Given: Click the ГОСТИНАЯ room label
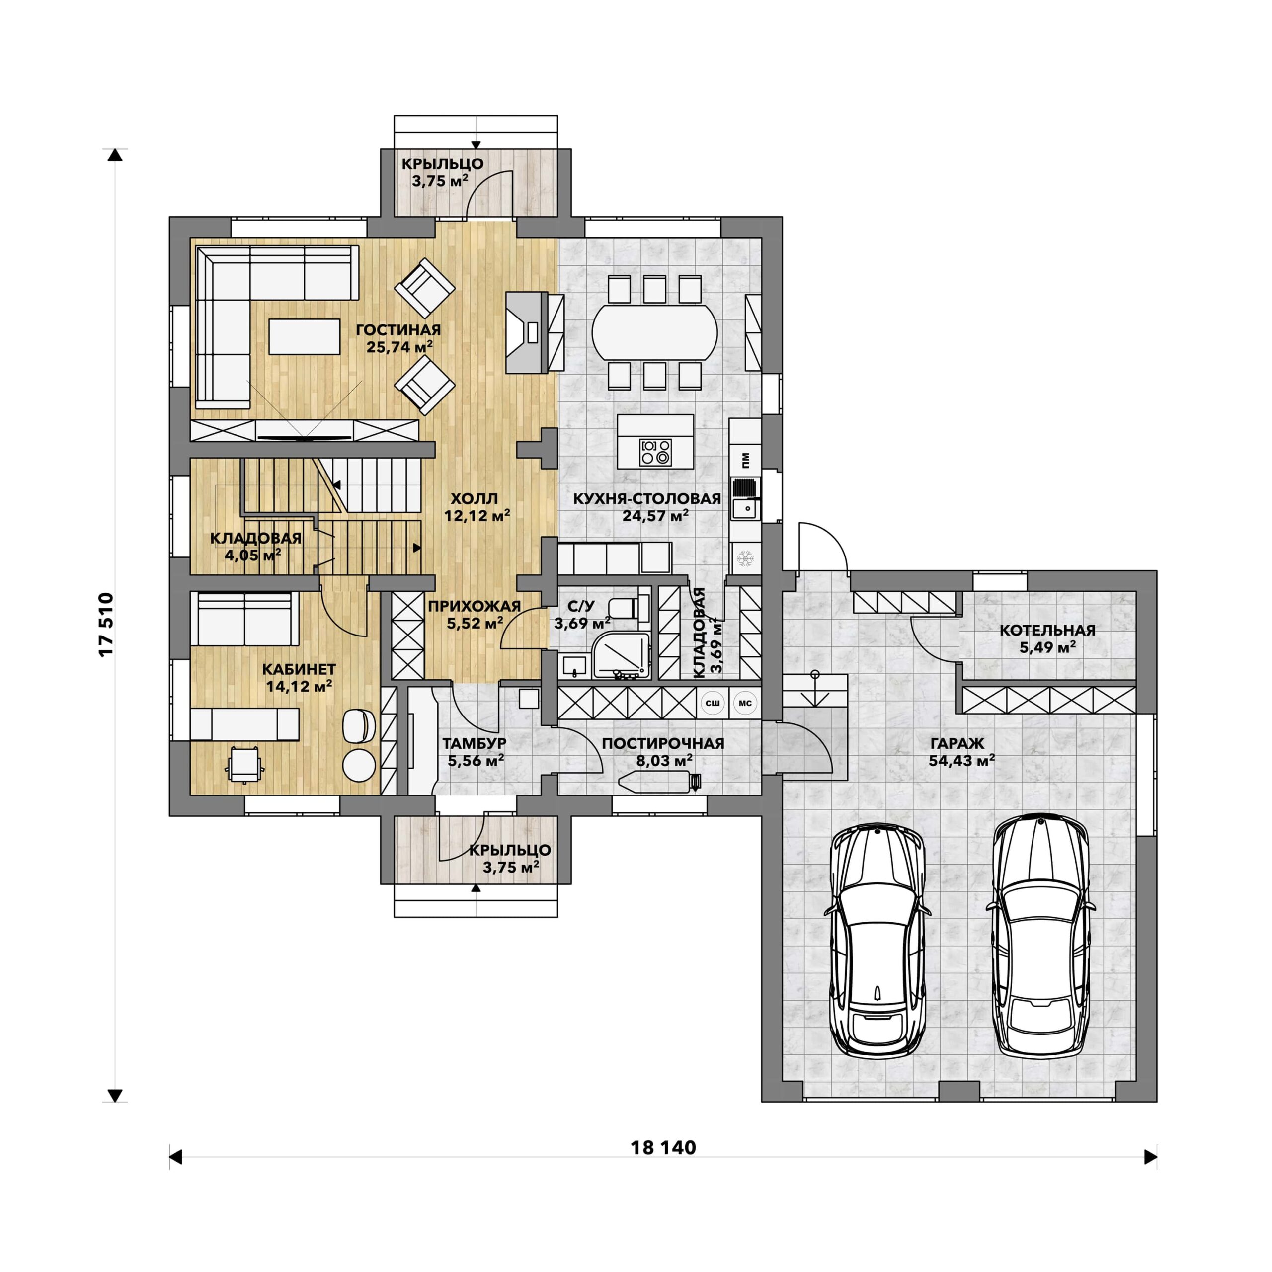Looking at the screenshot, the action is click(x=398, y=330).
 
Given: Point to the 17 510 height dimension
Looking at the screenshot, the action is click(x=107, y=625).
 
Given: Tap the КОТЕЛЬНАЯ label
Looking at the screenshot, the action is click(x=1047, y=630).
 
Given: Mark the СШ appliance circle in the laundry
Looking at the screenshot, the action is click(x=713, y=703).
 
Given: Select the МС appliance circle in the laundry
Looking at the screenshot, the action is click(x=745, y=703).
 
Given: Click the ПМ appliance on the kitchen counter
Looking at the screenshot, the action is click(x=745, y=460).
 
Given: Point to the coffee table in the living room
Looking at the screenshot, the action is click(x=304, y=336).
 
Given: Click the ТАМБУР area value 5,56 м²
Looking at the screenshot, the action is click(x=476, y=761).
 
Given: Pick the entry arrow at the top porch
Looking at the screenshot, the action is click(x=476, y=145).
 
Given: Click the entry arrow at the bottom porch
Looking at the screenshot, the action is click(x=476, y=887).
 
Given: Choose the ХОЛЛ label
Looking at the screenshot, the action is click(x=474, y=498).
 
